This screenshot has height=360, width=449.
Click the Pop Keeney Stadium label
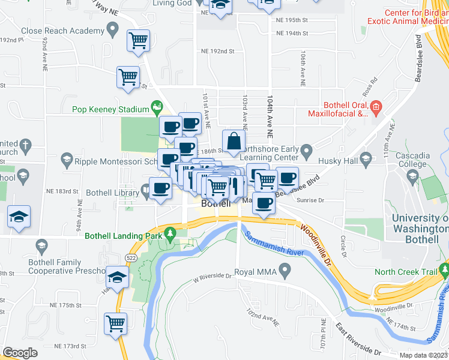pos(110,109)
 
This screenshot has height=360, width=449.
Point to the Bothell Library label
pos(112,192)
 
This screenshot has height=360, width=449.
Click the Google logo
pos(20,352)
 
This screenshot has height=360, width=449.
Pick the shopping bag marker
pos(234,142)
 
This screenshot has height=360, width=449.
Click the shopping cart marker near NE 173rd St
pos(115,323)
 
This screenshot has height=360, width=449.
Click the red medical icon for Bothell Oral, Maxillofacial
pos(376,107)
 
